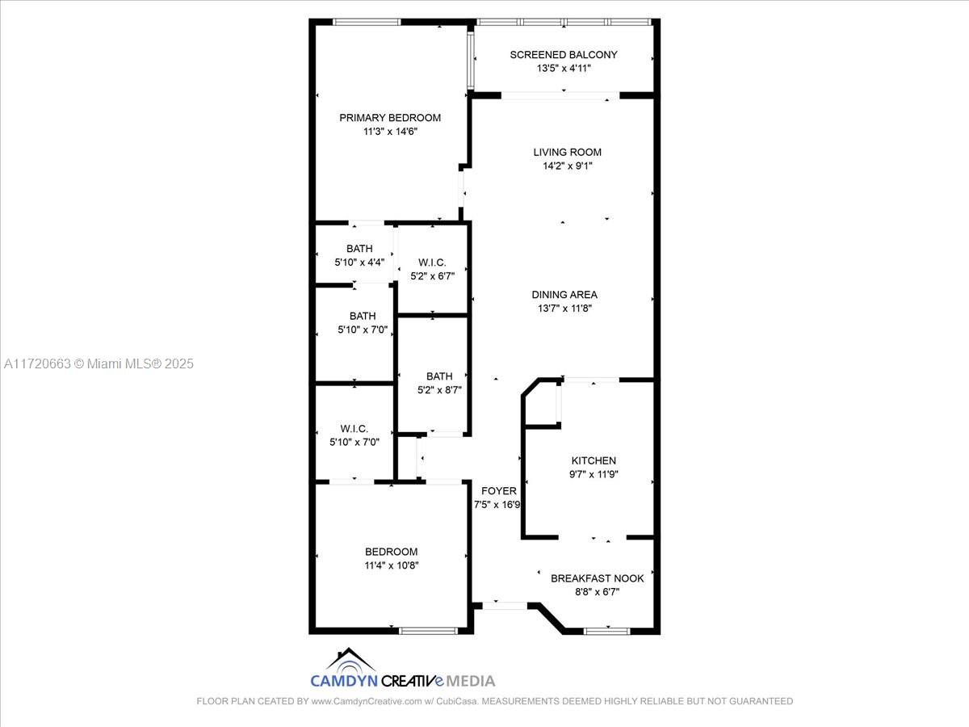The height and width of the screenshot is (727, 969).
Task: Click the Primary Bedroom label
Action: click(x=390, y=118)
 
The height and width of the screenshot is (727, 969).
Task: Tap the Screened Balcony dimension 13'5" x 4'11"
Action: click(x=564, y=69)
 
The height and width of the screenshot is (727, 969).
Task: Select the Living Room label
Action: click(x=568, y=153)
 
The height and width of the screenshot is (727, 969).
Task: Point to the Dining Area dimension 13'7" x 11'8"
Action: click(x=564, y=309)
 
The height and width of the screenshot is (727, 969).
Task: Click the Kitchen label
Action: click(x=594, y=460)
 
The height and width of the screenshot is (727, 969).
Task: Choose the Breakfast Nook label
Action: click(x=598, y=578)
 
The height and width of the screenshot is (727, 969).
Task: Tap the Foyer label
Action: click(x=499, y=491)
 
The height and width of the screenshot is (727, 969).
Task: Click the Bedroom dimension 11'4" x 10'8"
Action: click(x=392, y=565)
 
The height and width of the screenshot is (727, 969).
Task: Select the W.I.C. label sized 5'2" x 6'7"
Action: click(x=432, y=263)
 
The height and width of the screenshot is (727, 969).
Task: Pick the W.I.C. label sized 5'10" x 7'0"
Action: click(x=354, y=429)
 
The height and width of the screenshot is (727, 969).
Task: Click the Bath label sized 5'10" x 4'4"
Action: click(x=359, y=249)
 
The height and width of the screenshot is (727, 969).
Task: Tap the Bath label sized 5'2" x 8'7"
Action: click(x=439, y=376)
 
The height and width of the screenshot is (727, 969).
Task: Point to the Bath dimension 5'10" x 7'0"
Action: click(x=363, y=330)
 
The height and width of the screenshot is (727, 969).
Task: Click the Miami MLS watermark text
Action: click(x=99, y=363)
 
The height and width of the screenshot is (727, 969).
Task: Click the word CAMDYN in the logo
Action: click(x=344, y=681)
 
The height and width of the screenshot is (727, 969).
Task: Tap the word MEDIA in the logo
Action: click(x=470, y=681)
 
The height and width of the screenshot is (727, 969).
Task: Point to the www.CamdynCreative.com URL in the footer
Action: click(x=367, y=701)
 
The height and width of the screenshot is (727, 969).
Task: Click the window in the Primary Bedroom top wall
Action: click(x=367, y=22)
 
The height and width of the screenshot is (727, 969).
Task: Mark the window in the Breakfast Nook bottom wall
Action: click(x=607, y=631)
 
